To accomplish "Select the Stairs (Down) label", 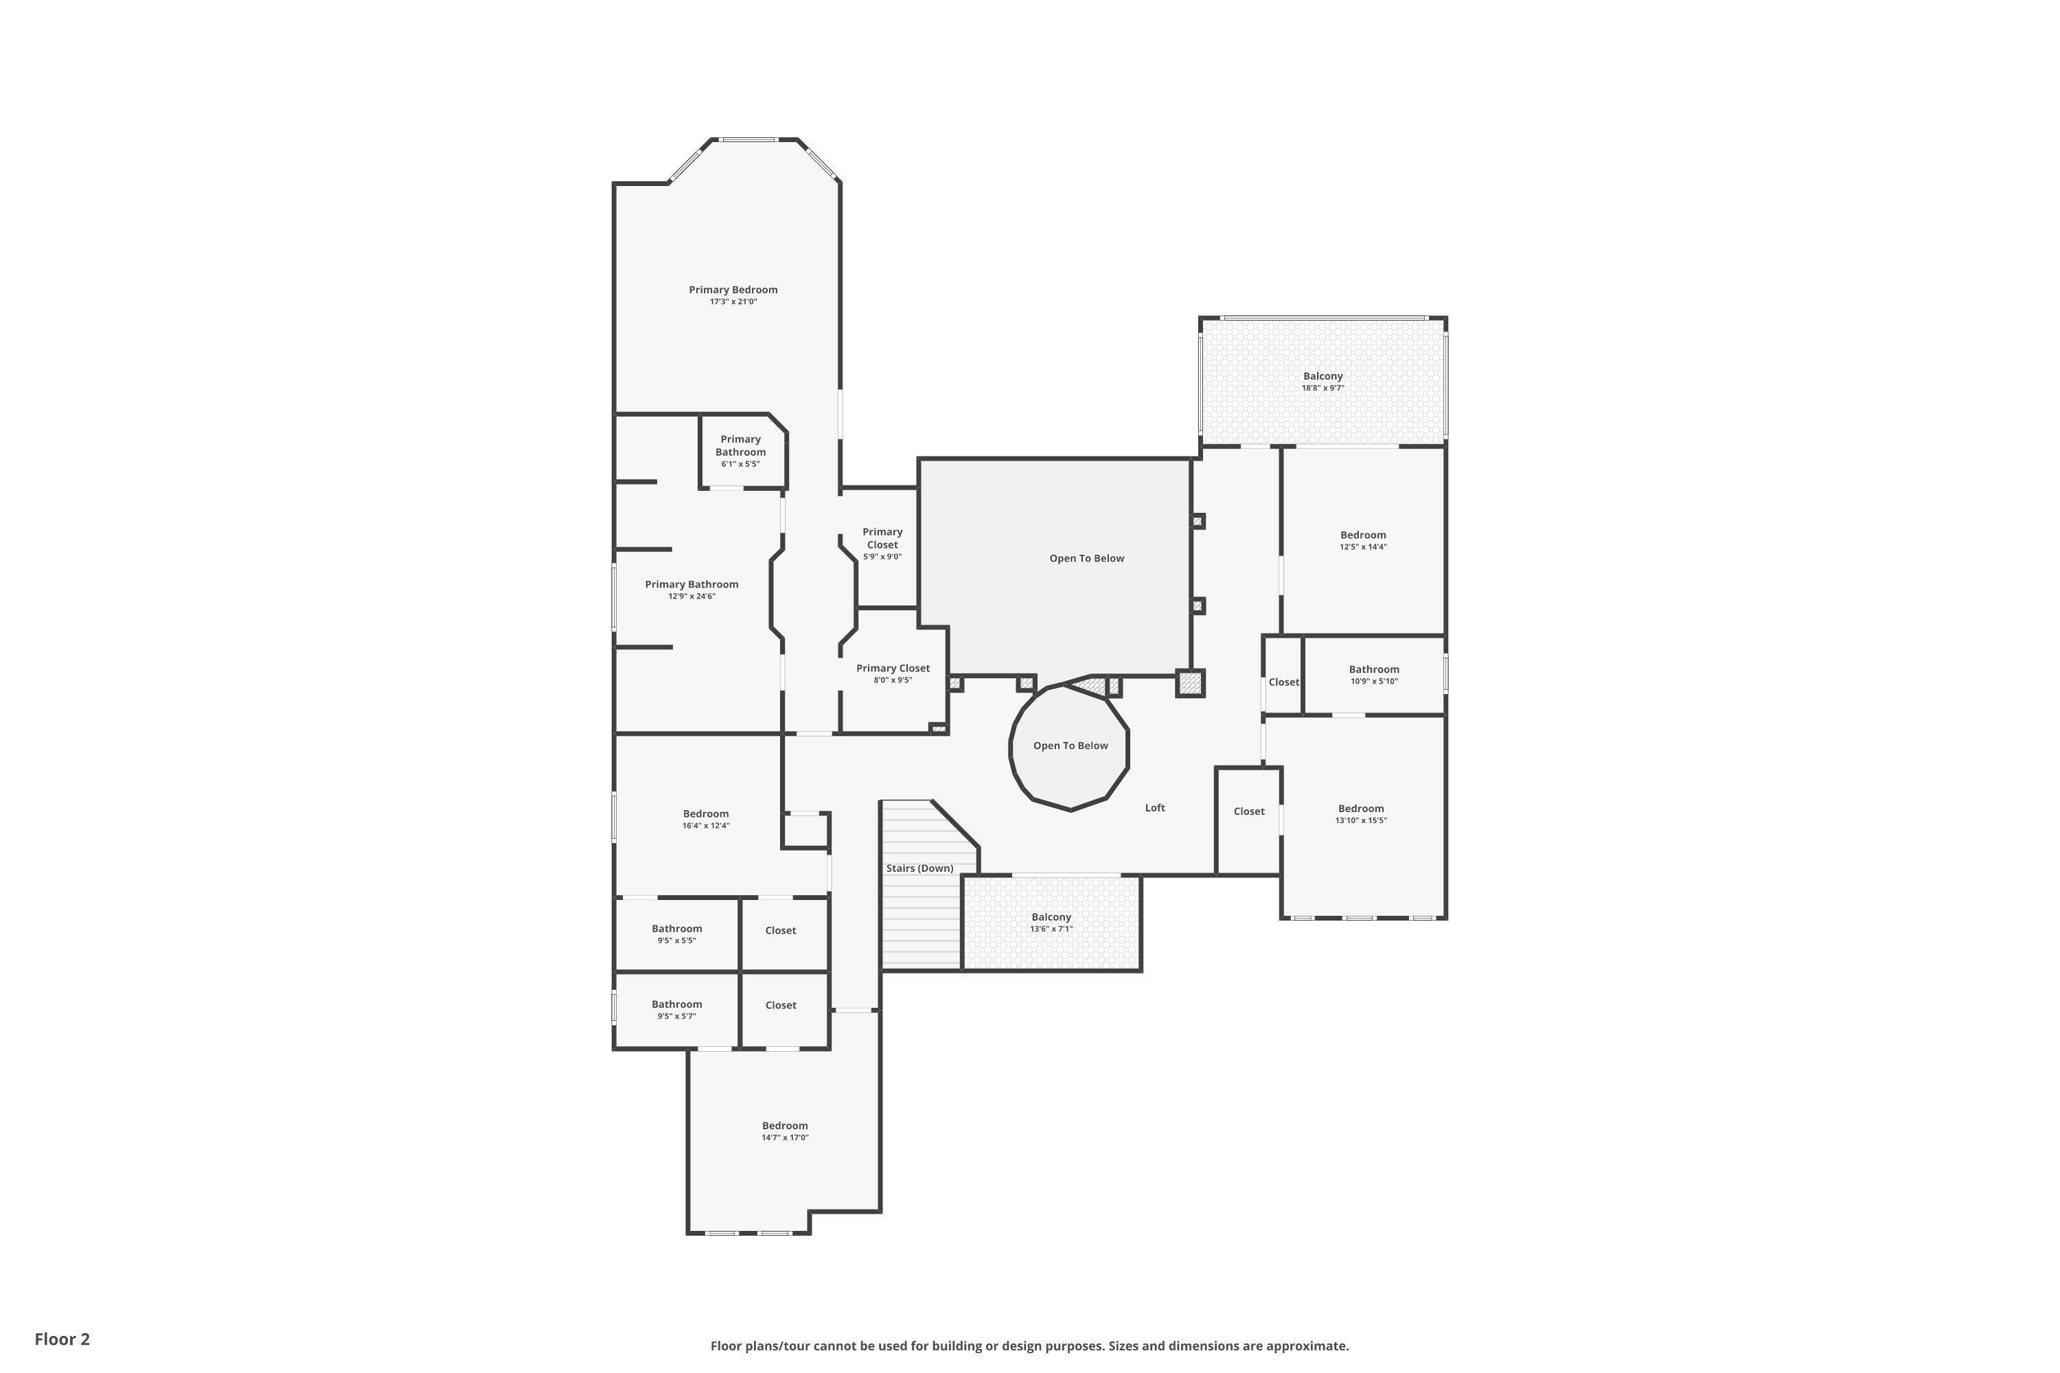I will coord(919,868).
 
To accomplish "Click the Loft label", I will coord(1154,808).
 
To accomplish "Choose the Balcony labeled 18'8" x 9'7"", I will coord(1322,382).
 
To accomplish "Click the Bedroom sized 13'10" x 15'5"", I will coord(1360,814).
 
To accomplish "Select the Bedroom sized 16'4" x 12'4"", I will coord(705,819).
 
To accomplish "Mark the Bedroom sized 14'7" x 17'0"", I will coord(784,1131).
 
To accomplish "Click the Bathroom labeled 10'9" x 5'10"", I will coord(1373,674).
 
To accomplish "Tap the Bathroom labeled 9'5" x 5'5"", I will coord(676,934).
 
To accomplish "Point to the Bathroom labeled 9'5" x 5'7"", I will coord(676,1010).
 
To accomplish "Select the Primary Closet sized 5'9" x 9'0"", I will coord(881,544).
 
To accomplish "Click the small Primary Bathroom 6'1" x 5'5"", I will coord(740,451).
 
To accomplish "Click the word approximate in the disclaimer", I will coord(1306,1346).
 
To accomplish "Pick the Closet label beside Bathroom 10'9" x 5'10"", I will coord(1283,682).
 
